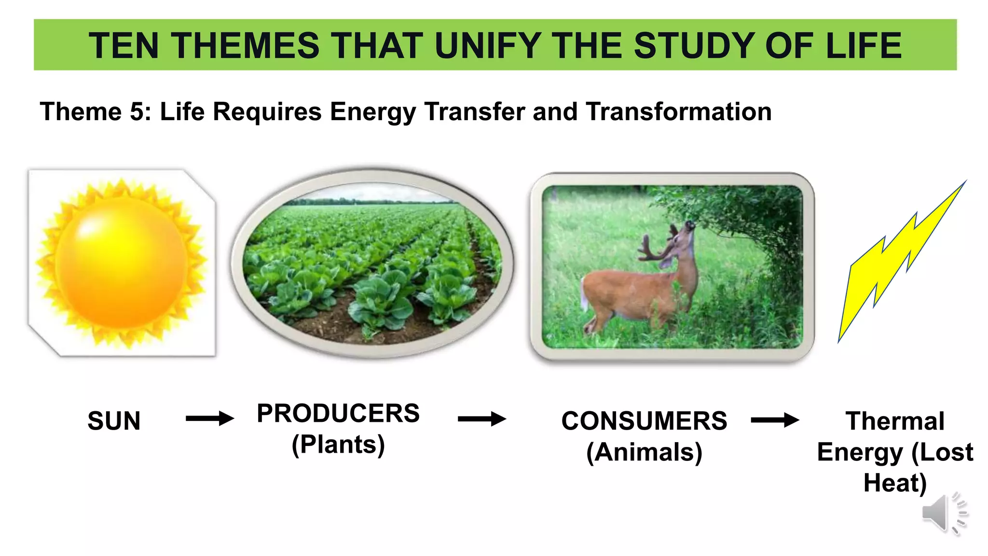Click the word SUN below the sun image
tap(114, 421)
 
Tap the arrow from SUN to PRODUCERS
tap(210, 418)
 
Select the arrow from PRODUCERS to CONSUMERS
tap(481, 418)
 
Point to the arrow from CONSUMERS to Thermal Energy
tap(775, 420)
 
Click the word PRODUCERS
tap(338, 414)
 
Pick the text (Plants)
tap(338, 445)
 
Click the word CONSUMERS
tap(644, 421)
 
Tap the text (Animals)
tap(644, 452)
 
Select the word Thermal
tap(895, 421)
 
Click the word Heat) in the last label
tap(895, 483)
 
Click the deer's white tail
tap(584, 294)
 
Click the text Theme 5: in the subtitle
tap(96, 112)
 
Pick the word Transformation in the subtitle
tap(678, 112)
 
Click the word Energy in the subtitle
tap(372, 112)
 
